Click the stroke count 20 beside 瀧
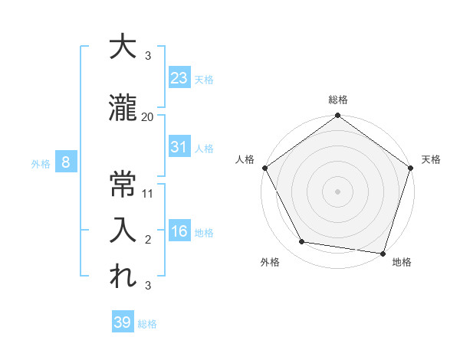point(148,117)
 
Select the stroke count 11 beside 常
point(148,193)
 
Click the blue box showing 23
point(179,77)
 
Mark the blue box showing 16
point(179,231)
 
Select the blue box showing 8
point(66,162)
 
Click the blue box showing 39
point(123,322)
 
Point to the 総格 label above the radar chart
point(338,100)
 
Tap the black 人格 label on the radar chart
point(245,159)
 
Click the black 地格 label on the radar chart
point(402,262)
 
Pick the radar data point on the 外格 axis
point(302,242)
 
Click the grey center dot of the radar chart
point(338,191)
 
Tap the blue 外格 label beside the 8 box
point(41,163)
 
